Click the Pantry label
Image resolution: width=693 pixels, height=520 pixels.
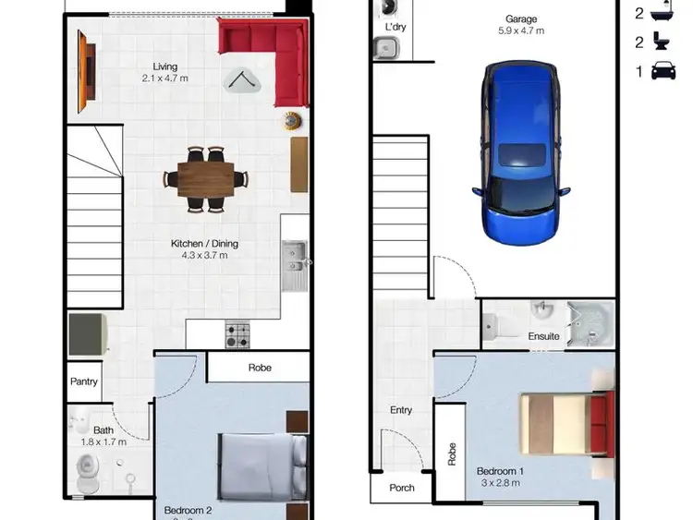point(84,382)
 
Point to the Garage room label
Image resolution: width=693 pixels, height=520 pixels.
point(521,18)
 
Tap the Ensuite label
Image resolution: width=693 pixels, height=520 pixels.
point(543,336)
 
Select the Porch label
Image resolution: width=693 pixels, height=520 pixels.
point(402,488)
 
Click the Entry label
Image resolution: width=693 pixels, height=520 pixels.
point(401,410)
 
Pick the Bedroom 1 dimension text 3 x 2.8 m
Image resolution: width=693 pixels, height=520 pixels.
point(501,483)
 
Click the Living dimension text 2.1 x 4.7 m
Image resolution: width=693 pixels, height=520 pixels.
point(165,79)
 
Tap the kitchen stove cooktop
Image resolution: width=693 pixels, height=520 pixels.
point(237,333)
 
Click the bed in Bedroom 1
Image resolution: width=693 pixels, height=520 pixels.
point(565,424)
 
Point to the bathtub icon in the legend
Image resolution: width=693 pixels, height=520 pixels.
point(663,12)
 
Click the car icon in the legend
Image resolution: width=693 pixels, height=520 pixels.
point(663,71)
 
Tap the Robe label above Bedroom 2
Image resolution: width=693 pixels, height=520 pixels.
point(260,368)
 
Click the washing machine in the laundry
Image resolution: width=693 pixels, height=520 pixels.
point(388,8)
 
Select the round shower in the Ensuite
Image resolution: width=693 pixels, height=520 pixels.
point(588,324)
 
